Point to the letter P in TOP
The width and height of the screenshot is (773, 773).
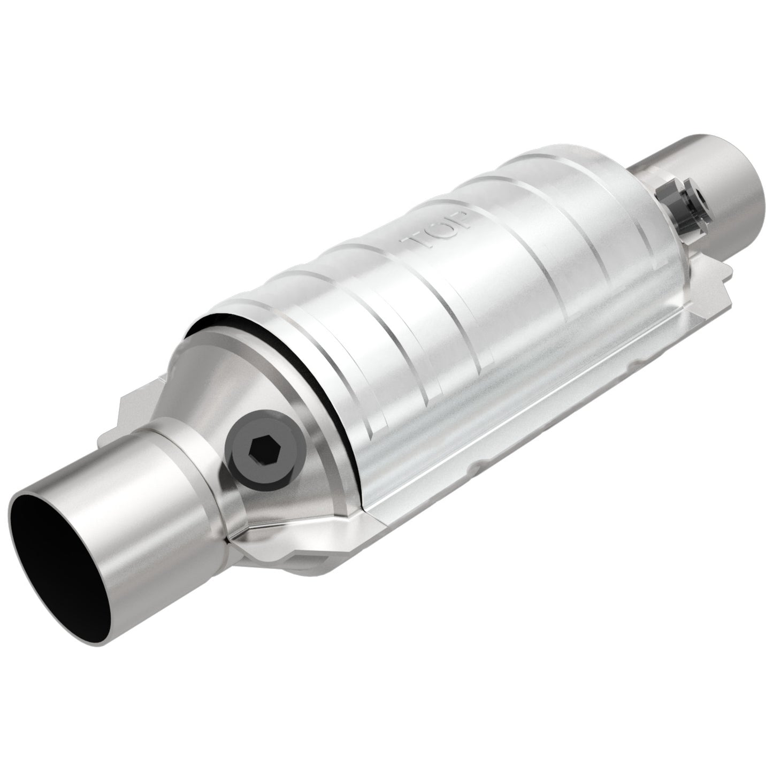[x=458, y=221]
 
